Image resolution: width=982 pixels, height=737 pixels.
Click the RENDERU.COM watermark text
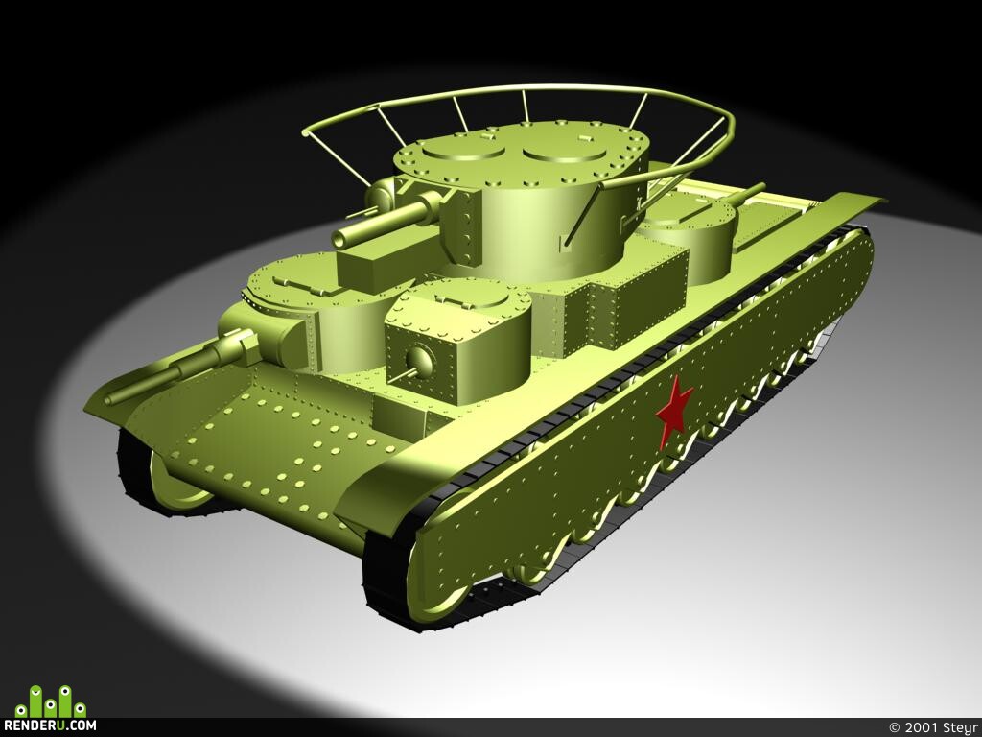pos(50,725)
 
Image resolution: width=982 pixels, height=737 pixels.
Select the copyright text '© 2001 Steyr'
pos(934,727)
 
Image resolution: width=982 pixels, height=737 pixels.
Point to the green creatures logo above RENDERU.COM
pos(51,701)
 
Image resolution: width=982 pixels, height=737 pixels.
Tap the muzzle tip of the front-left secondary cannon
pos(110,400)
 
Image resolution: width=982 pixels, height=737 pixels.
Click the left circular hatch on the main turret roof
pos(463,148)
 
